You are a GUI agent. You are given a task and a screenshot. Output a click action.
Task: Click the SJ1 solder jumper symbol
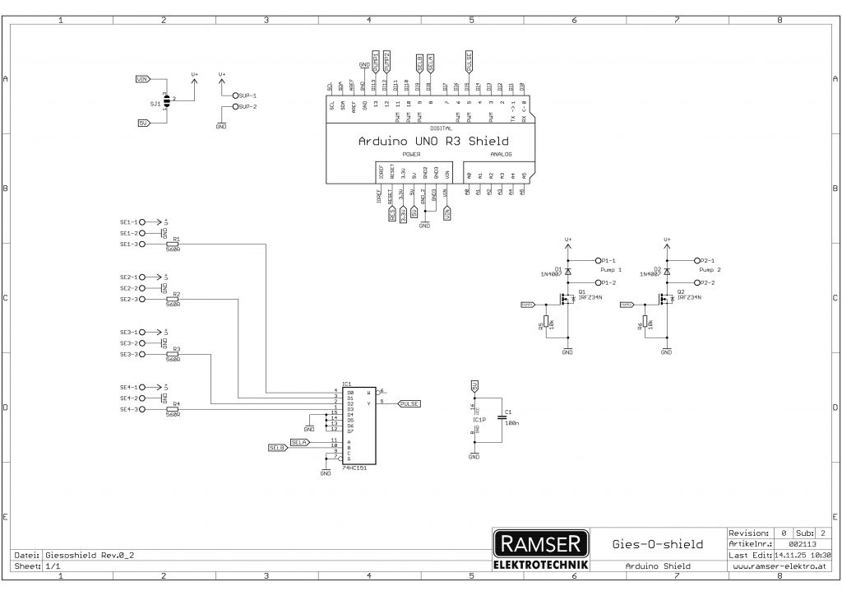(x=167, y=101)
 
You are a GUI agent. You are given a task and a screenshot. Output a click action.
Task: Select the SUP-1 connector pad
(x=235, y=95)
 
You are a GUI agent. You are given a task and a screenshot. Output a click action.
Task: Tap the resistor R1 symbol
(x=173, y=244)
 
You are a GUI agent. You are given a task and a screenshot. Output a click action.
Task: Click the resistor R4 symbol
(x=173, y=409)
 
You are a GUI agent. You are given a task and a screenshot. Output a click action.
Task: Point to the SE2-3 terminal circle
(x=141, y=300)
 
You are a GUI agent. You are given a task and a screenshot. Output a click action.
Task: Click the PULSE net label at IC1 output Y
(x=409, y=403)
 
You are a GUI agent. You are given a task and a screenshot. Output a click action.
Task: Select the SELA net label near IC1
(x=299, y=441)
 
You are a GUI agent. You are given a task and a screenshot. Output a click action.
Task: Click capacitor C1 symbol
(x=500, y=418)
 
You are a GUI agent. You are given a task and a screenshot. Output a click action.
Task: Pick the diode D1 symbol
(x=567, y=270)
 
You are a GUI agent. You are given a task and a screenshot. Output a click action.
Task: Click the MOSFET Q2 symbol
(x=667, y=299)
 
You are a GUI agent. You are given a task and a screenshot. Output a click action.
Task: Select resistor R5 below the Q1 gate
(x=547, y=324)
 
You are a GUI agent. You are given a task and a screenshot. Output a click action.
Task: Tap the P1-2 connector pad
(x=598, y=282)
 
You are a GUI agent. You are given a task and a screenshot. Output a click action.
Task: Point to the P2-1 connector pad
(x=696, y=259)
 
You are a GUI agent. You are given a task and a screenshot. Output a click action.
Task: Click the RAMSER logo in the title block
(x=541, y=543)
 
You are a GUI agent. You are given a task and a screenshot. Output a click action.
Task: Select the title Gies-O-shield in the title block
(x=659, y=544)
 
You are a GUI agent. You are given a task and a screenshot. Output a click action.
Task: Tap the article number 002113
(x=802, y=544)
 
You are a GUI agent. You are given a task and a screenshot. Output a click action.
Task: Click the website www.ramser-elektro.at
(x=778, y=566)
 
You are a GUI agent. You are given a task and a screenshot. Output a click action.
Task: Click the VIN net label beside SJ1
(x=142, y=79)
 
